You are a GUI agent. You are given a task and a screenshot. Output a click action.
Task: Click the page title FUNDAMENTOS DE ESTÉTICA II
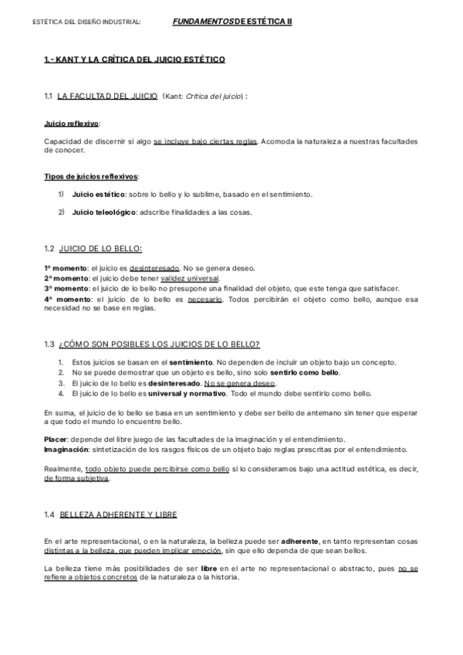point(232,22)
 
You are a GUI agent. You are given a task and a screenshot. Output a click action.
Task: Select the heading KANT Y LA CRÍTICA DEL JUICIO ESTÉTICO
point(134,59)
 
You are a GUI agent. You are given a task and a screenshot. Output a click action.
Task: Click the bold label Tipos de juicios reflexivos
point(91,176)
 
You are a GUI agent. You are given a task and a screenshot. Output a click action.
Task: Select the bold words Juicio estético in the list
point(98,194)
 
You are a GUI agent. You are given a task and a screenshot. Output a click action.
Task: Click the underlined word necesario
point(205,299)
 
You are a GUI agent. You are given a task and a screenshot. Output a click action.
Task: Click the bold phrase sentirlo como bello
point(308,372)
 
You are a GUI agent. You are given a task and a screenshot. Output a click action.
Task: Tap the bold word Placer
point(56,439)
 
